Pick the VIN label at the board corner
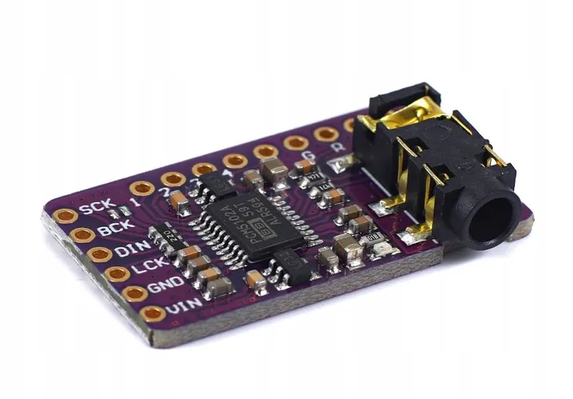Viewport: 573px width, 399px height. point(183,302)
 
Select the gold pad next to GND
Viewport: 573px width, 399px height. point(134,293)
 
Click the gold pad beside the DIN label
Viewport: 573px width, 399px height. point(100,254)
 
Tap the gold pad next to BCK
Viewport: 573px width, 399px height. point(82,234)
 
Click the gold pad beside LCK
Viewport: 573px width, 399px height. point(117,273)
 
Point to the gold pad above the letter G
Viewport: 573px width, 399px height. point(295,142)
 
